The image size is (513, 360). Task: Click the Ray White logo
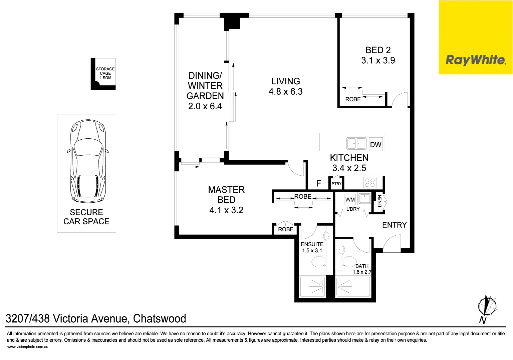pos(475,60)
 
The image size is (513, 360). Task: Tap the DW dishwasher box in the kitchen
pos(376,145)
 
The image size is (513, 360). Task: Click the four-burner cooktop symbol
pos(370,183)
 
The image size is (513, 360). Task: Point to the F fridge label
pos(319,183)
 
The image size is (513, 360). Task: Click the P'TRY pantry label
pos(336,184)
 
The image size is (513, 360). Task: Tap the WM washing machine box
pos(350,200)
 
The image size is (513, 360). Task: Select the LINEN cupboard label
pos(379,201)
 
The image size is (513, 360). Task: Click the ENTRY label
pos(394,225)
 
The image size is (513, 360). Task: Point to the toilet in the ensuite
pos(318,262)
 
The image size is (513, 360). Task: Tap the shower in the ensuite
pos(313,286)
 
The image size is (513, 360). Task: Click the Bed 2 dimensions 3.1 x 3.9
pos(378,60)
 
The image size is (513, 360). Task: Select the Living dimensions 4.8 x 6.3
pos(285,92)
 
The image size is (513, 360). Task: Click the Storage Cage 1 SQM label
pos(105,73)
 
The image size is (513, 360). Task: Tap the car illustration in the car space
pos(88,162)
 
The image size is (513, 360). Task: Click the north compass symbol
pos(487,306)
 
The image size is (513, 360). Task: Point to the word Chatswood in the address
pos(160,319)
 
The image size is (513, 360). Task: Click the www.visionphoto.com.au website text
pos(28,347)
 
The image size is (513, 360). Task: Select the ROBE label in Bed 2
pos(353,99)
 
